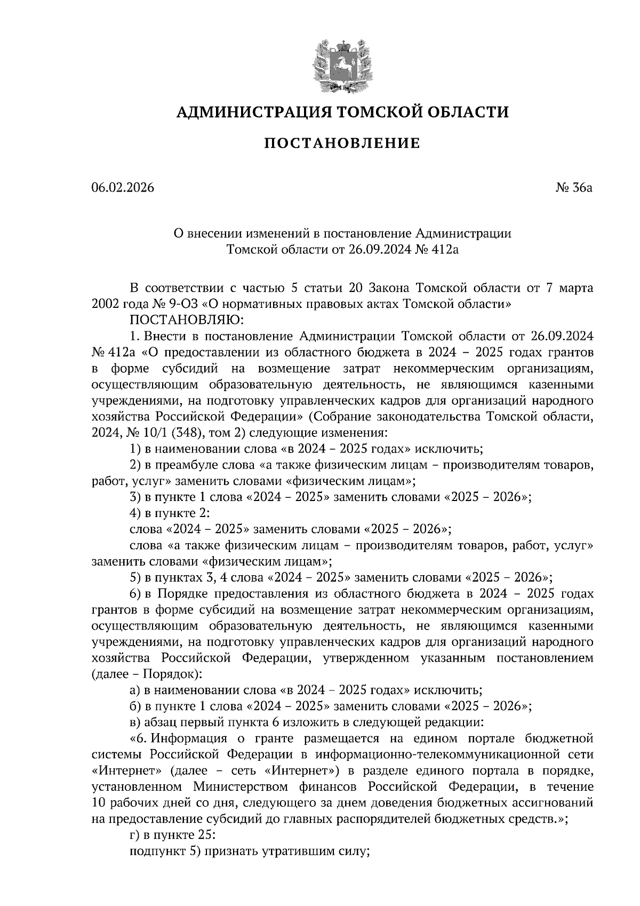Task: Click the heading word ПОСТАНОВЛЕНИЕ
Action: click(342, 143)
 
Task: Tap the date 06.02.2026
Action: click(123, 188)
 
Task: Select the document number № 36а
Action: click(574, 188)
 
